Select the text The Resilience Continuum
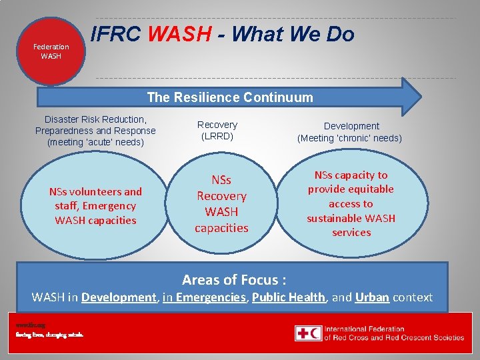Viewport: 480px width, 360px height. [229, 97]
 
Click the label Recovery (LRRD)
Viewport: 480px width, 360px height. [217, 130]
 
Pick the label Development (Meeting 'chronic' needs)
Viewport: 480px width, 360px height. [349, 132]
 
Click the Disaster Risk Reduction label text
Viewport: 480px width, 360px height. [95, 131]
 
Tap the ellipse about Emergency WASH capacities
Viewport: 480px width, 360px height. [95, 205]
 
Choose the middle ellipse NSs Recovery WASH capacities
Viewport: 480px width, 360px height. [221, 203]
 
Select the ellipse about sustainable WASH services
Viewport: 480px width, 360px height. [351, 203]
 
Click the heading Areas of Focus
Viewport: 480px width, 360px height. [234, 279]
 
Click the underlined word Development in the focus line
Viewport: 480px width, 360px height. [118, 297]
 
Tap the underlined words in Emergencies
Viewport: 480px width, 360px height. [204, 297]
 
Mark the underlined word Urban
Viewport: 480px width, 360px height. [372, 297]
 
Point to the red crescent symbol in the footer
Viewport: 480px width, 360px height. [315, 333]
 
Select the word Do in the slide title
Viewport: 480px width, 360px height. [339, 34]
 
